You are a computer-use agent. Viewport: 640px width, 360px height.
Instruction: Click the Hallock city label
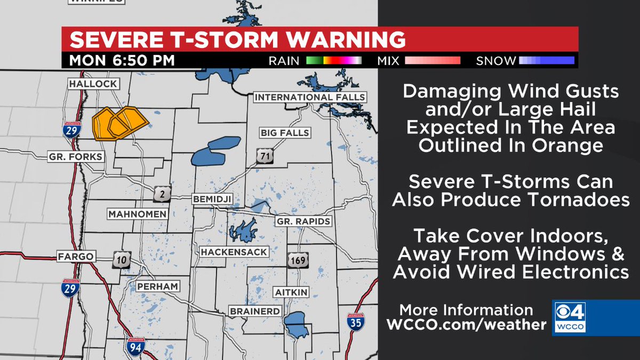point(92,84)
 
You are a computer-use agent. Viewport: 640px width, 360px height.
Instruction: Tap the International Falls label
point(309,97)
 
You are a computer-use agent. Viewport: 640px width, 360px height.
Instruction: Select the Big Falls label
point(285,133)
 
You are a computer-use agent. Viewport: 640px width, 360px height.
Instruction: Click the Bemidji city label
point(213,199)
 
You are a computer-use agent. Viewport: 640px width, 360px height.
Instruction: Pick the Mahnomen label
point(138,214)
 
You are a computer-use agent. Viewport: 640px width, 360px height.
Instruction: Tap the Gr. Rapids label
point(303,221)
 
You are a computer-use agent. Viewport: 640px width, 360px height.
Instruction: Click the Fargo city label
point(76,257)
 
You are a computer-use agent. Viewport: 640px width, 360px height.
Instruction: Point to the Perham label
point(156,286)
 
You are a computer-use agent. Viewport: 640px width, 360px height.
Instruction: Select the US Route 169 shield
point(298,260)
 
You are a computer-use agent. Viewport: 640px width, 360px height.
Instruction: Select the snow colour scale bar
point(547,60)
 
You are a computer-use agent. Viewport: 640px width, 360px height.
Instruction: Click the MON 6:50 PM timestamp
point(122,60)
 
